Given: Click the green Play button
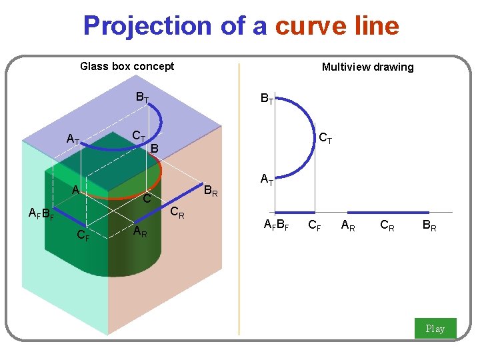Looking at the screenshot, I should click(435, 328).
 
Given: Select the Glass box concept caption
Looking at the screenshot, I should click(127, 66).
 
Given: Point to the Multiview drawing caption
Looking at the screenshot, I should click(367, 67).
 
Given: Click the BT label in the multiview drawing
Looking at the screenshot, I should click(267, 99).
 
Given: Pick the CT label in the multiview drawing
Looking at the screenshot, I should click(326, 139).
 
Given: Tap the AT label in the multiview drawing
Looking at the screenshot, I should click(267, 179).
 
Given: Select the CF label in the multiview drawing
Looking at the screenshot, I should click(315, 225).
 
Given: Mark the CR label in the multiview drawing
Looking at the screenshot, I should click(387, 225).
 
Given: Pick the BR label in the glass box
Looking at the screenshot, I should click(211, 191).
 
